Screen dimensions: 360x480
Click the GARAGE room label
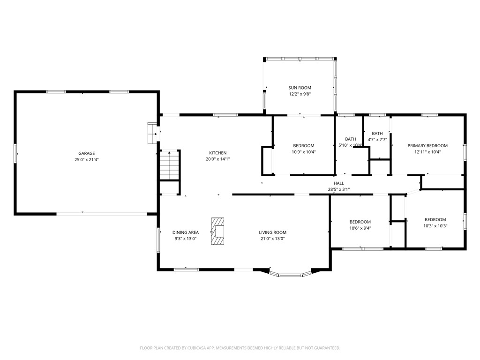[x=86, y=153]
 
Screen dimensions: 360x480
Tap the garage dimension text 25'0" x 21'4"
[x=86, y=159]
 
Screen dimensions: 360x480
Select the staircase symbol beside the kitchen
[x=169, y=165]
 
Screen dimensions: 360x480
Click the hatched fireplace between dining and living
[x=218, y=231]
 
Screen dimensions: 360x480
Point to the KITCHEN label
[x=217, y=153]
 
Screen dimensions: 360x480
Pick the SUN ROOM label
[x=300, y=88]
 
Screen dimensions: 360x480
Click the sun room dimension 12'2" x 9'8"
[x=300, y=94]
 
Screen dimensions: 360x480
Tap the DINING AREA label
[x=185, y=232]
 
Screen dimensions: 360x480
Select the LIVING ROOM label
[x=272, y=232]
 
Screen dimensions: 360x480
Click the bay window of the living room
[x=291, y=274]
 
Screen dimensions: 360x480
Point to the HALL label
[x=338, y=183]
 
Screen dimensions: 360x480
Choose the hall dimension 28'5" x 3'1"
[x=338, y=189]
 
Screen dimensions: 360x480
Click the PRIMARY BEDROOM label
[x=427, y=146]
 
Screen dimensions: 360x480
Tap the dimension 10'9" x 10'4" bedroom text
[x=303, y=152]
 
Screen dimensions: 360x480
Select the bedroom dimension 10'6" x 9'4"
[x=360, y=228]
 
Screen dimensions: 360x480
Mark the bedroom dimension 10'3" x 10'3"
[x=435, y=226]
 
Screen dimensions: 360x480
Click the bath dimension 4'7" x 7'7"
[x=377, y=140]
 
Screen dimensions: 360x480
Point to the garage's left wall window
[x=15, y=153]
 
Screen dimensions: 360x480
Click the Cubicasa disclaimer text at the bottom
[x=240, y=348]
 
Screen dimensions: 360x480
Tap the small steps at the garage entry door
[x=152, y=133]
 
